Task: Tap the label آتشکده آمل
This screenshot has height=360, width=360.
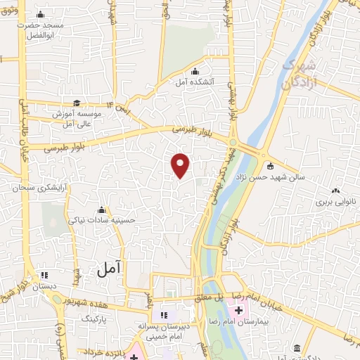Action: click(x=195, y=82)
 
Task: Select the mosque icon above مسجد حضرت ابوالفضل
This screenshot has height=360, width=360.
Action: click(x=39, y=15)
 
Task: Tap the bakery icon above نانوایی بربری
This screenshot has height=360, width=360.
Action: click(x=336, y=190)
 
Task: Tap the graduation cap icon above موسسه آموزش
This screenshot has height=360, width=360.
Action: click(x=76, y=103)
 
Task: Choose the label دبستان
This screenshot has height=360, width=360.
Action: click(x=43, y=287)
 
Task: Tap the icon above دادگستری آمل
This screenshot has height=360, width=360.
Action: click(x=297, y=349)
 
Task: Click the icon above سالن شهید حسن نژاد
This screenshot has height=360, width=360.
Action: click(x=269, y=167)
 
